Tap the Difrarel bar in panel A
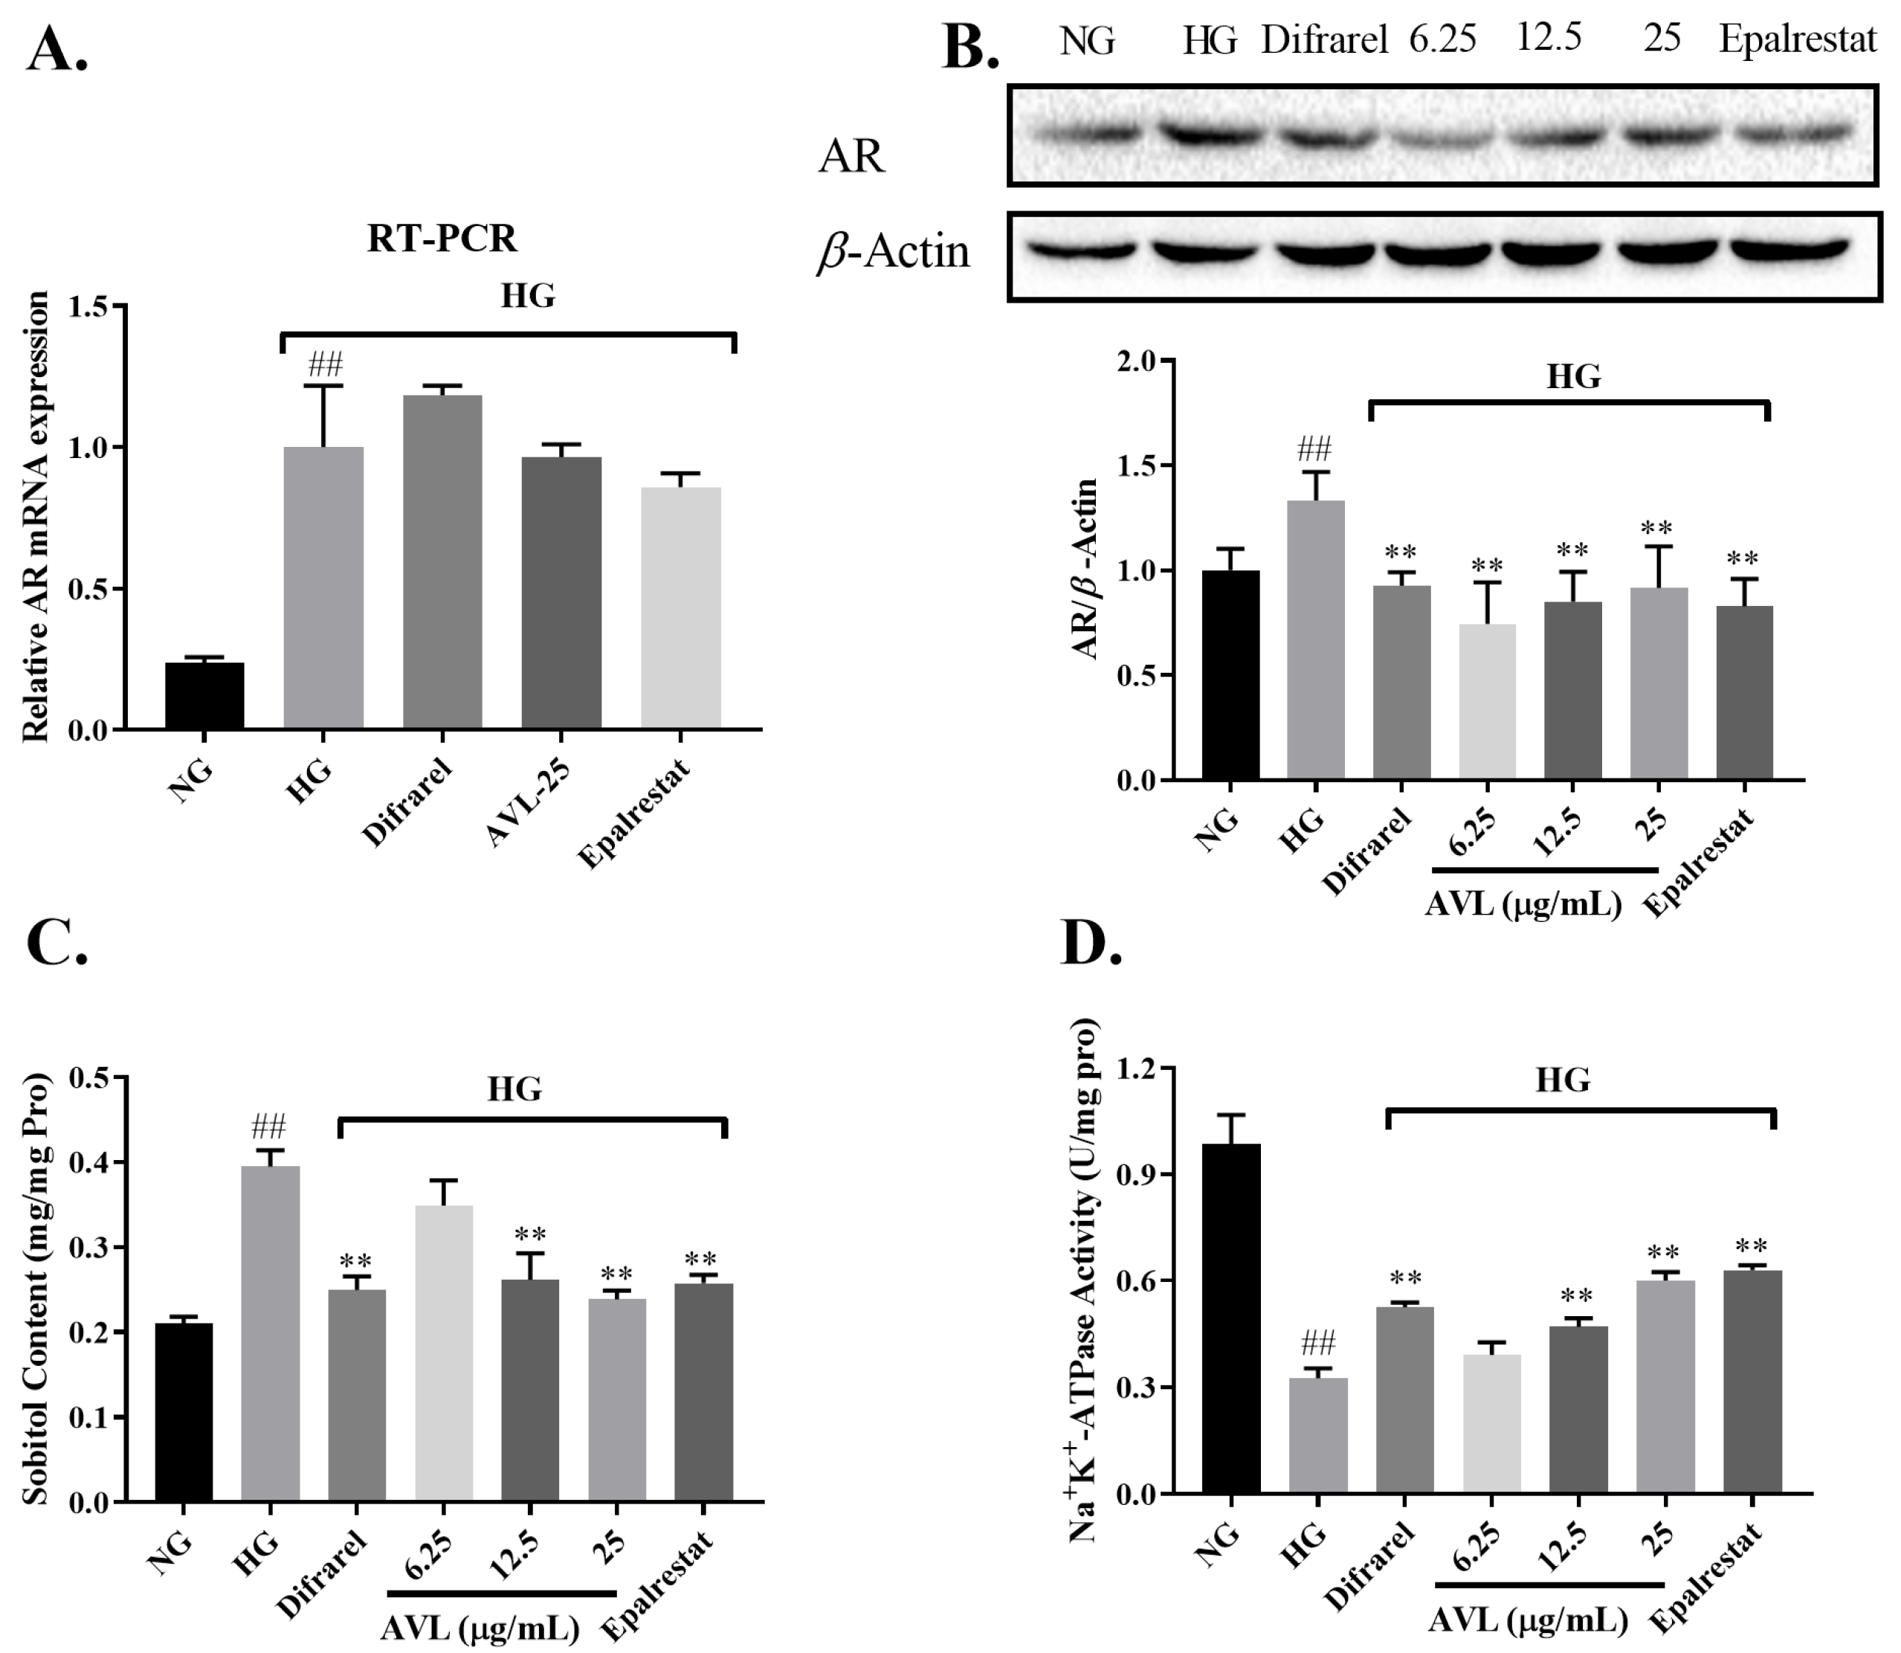tap(443, 563)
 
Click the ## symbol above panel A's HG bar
tap(325, 364)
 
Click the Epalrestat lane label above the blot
tap(1798, 39)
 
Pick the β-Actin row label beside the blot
tap(893, 251)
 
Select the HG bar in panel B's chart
tap(1316, 640)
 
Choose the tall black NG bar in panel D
tap(1230, 1318)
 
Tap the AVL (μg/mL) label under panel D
tap(1529, 1620)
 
